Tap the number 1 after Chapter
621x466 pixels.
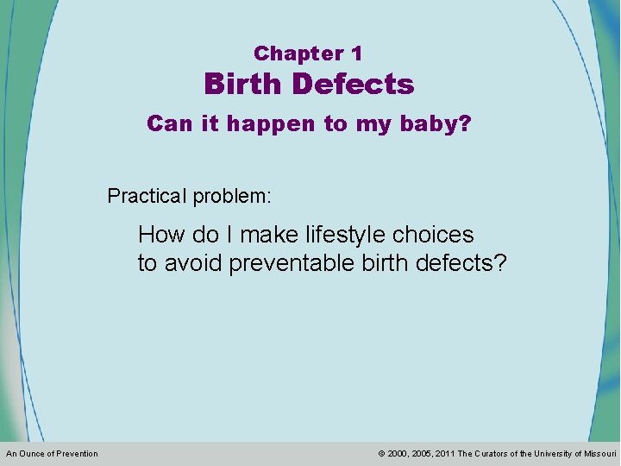pyautogui.click(x=357, y=54)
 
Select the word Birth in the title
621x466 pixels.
pyautogui.click(x=243, y=85)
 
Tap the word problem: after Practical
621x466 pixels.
pyautogui.click(x=232, y=197)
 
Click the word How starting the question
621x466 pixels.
pyautogui.click(x=161, y=235)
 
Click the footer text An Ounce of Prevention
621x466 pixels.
pyautogui.click(x=52, y=454)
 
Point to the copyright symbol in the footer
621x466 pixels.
pyautogui.click(x=382, y=454)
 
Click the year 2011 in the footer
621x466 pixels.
pyautogui.click(x=444, y=454)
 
